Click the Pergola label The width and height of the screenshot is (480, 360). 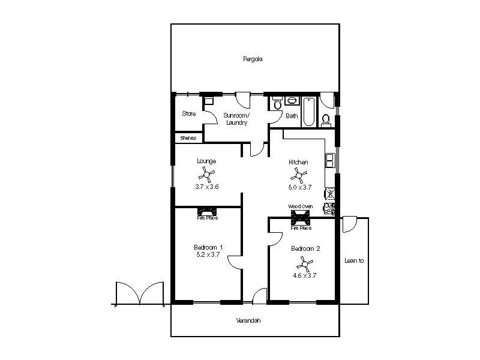(253, 59)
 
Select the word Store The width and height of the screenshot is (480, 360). (189, 113)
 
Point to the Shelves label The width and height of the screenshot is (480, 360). (188, 137)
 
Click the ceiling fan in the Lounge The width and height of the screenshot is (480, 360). (207, 175)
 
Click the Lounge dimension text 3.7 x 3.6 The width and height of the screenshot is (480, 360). (207, 187)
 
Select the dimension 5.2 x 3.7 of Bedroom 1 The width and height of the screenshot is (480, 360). (208, 254)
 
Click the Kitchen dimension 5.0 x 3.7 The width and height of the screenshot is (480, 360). (298, 187)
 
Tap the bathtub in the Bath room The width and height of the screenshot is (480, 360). (308, 112)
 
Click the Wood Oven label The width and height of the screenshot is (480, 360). (300, 206)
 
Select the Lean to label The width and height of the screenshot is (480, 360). (354, 261)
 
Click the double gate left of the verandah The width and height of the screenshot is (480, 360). (139, 294)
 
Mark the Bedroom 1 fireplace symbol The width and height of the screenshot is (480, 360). (208, 211)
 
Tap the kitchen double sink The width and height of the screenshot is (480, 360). (331, 160)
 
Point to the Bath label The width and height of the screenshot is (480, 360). (292, 116)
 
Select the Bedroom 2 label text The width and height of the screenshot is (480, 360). (305, 249)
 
